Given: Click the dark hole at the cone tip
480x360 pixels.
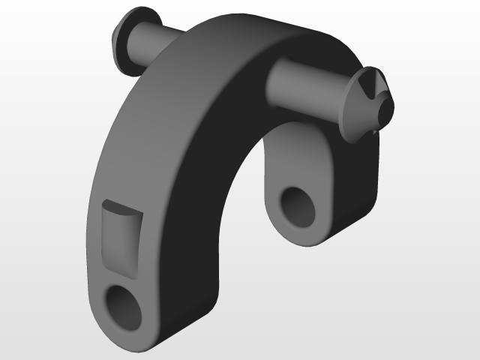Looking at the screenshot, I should pos(385,111).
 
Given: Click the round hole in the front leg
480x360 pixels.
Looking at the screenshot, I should pos(123,307).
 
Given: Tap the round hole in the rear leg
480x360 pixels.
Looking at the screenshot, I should pos(298,205).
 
